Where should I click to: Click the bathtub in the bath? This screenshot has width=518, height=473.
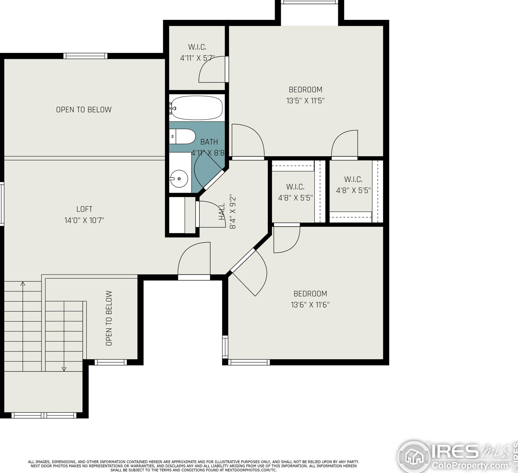196,108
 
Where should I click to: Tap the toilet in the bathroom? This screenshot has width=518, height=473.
182,136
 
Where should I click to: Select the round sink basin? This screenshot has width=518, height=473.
179,179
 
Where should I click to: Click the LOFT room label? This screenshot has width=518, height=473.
84,209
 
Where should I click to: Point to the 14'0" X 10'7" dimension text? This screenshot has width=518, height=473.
84,220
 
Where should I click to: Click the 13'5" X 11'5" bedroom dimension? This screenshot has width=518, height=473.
305,100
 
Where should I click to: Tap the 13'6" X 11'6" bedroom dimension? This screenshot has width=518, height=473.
310,305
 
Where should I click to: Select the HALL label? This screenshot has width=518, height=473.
222,211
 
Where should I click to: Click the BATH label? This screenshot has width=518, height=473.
209,142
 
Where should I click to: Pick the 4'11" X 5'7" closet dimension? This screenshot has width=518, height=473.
198,58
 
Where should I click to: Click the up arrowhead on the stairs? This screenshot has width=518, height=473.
23,283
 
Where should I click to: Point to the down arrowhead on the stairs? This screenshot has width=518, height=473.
64,369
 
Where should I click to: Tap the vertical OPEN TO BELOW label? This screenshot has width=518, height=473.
109,318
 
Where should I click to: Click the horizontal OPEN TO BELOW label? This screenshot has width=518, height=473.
84,109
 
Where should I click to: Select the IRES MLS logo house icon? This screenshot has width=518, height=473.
414,457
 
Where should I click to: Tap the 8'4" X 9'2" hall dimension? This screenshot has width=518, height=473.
233,212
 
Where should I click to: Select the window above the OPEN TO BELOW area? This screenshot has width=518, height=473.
85,56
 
